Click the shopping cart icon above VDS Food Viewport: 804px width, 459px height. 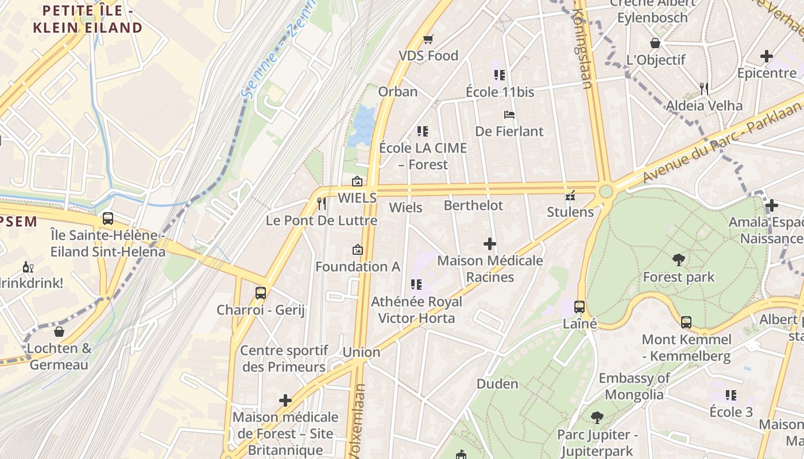point(428,39)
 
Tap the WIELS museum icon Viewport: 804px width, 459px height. point(357,182)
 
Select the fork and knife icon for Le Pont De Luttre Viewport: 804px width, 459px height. point(322,203)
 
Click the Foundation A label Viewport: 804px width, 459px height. point(357,266)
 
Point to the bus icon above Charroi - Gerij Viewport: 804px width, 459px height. point(261,293)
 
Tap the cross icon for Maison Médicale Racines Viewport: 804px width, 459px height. point(489,244)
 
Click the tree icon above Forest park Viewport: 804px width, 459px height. point(678,260)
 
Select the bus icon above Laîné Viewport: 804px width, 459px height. point(579,306)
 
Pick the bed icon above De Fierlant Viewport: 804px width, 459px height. point(509,115)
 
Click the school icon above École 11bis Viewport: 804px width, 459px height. point(499,75)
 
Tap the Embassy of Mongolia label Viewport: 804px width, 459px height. point(634,386)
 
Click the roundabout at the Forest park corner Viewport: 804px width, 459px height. point(606,190)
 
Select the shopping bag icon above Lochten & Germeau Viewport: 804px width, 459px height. point(59,331)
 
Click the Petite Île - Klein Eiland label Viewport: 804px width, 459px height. point(87,19)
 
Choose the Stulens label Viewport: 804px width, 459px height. point(570,212)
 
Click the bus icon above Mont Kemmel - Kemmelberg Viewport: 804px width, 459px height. point(686,322)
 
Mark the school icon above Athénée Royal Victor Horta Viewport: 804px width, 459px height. point(416,284)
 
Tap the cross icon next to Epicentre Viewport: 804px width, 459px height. point(766,56)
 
